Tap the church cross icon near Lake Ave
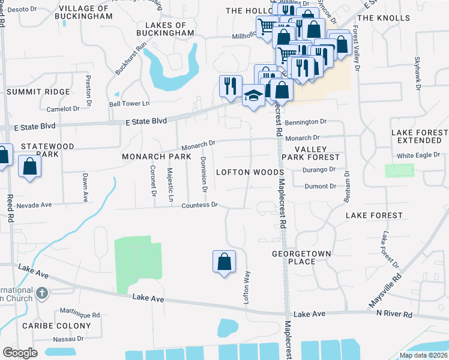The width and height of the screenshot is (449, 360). pos(41,293)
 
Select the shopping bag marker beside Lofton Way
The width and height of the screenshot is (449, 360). pos(224,262)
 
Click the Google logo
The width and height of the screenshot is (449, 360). pos(20,353)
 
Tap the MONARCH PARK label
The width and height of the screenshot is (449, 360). pos(156,156)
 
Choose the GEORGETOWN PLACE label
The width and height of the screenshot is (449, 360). pos(301,257)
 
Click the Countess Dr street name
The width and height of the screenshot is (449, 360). pos(200,205)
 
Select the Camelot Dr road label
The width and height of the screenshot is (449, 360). pos(63,109)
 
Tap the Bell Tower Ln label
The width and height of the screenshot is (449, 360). pos(128,104)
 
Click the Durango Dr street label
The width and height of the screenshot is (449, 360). pos(321,170)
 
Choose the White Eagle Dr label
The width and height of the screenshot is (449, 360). pos(418,155)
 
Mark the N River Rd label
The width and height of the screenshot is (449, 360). pos(394,314)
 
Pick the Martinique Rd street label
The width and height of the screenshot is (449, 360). pos(80,314)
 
